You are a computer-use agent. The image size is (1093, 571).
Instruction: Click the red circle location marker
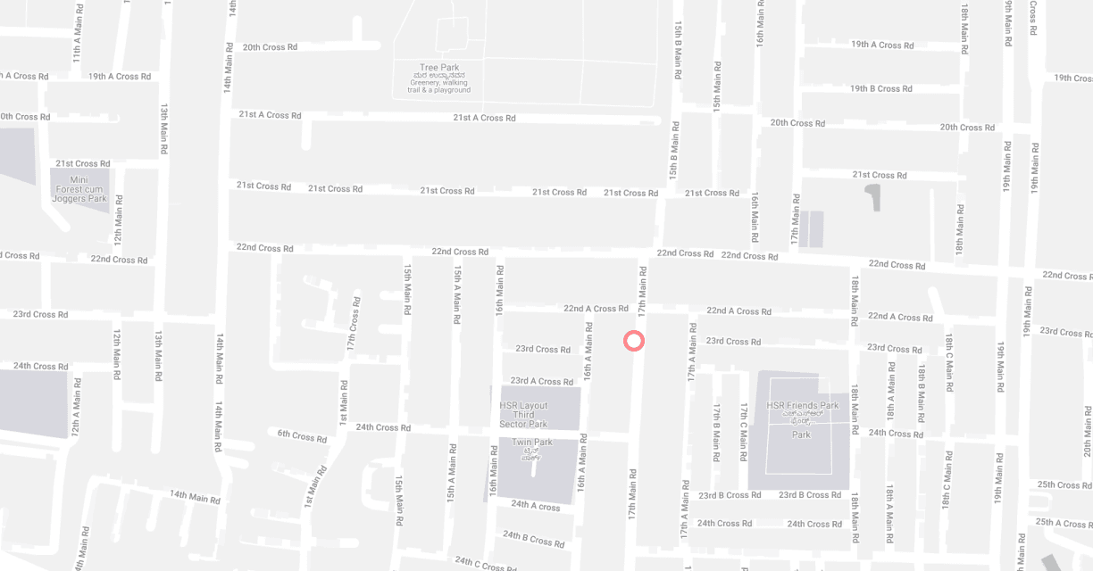click(633, 340)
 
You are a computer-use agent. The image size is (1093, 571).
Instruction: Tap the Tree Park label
click(438, 68)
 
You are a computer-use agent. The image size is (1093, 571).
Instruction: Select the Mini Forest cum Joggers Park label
click(79, 189)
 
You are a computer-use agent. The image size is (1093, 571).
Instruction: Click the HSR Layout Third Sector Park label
click(523, 414)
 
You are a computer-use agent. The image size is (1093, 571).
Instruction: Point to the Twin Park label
click(532, 443)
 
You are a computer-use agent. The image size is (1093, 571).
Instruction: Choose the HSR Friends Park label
click(802, 405)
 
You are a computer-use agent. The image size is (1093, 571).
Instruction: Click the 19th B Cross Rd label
click(880, 88)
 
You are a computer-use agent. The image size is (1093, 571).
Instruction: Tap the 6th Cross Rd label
click(302, 435)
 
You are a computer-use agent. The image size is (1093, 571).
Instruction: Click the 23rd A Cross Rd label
click(541, 381)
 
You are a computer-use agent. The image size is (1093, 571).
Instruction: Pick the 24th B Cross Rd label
click(533, 538)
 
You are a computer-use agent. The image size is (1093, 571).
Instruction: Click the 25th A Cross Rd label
click(1061, 522)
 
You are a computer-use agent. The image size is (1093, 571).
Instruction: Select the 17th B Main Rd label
click(716, 432)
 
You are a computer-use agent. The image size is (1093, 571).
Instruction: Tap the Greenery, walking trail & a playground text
click(438, 87)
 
